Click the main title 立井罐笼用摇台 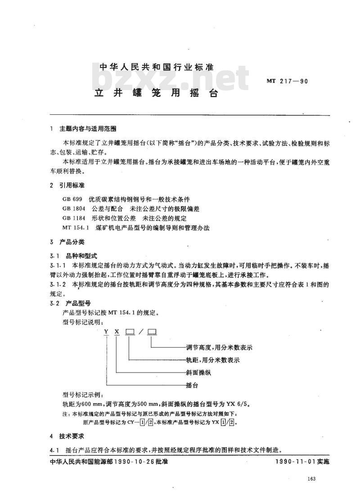click(x=156, y=94)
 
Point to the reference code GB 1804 click(x=74, y=209)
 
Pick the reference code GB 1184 click(x=74, y=218)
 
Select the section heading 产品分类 click(x=72, y=242)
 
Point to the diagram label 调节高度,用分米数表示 click(x=219, y=348)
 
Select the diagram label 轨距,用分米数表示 click(x=212, y=360)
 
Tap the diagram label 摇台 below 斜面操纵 click(x=192, y=386)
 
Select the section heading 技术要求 click(x=72, y=436)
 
